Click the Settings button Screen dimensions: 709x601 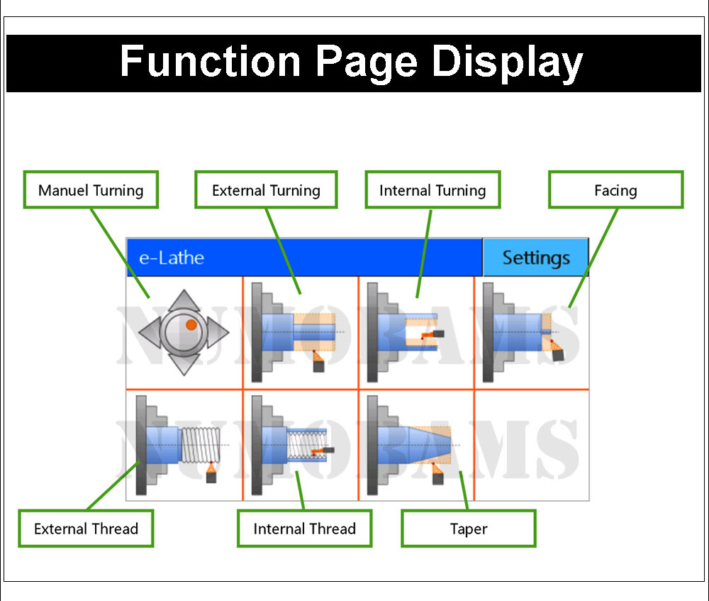click(x=535, y=257)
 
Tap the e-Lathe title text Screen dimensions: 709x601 click(x=172, y=258)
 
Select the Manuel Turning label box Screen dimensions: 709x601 click(x=91, y=189)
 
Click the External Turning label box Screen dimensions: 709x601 click(x=266, y=189)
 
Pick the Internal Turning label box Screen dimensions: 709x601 click(x=432, y=189)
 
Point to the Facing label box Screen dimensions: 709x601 click(x=616, y=189)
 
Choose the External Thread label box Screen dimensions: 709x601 click(x=86, y=528)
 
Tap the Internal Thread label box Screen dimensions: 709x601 click(x=305, y=528)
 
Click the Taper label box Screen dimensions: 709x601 click(x=469, y=528)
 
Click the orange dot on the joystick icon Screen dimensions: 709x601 click(x=191, y=324)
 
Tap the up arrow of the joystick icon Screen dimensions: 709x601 click(x=184, y=300)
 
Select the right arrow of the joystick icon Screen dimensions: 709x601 click(x=218, y=332)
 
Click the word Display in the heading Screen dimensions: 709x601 click(x=508, y=62)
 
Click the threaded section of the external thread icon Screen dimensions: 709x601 click(x=201, y=445)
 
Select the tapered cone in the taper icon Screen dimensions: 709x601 click(x=430, y=445)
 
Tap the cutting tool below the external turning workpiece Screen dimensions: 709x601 click(x=318, y=360)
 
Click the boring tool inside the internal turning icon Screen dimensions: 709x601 click(x=432, y=335)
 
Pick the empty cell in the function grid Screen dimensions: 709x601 click(x=532, y=446)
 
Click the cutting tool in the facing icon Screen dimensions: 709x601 click(x=556, y=350)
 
